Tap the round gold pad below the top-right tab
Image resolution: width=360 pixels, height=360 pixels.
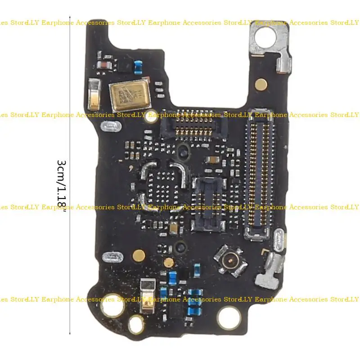(260, 83)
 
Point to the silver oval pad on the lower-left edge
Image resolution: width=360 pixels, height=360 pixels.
(111, 258)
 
